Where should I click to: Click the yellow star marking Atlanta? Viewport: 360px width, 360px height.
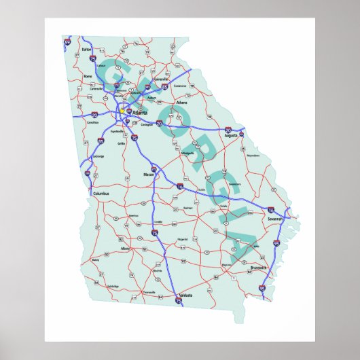[121, 109]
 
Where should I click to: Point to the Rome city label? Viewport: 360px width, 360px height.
[88, 76]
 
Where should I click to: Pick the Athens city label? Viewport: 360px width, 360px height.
[182, 102]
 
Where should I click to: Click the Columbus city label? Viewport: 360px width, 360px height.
[101, 194]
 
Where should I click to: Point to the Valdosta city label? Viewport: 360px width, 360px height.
[185, 295]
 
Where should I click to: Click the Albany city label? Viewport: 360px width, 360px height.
[124, 249]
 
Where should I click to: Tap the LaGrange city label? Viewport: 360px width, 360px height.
[99, 156]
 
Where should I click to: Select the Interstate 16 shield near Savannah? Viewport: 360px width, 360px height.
[270, 211]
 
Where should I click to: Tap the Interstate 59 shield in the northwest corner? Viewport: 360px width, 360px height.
[67, 41]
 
